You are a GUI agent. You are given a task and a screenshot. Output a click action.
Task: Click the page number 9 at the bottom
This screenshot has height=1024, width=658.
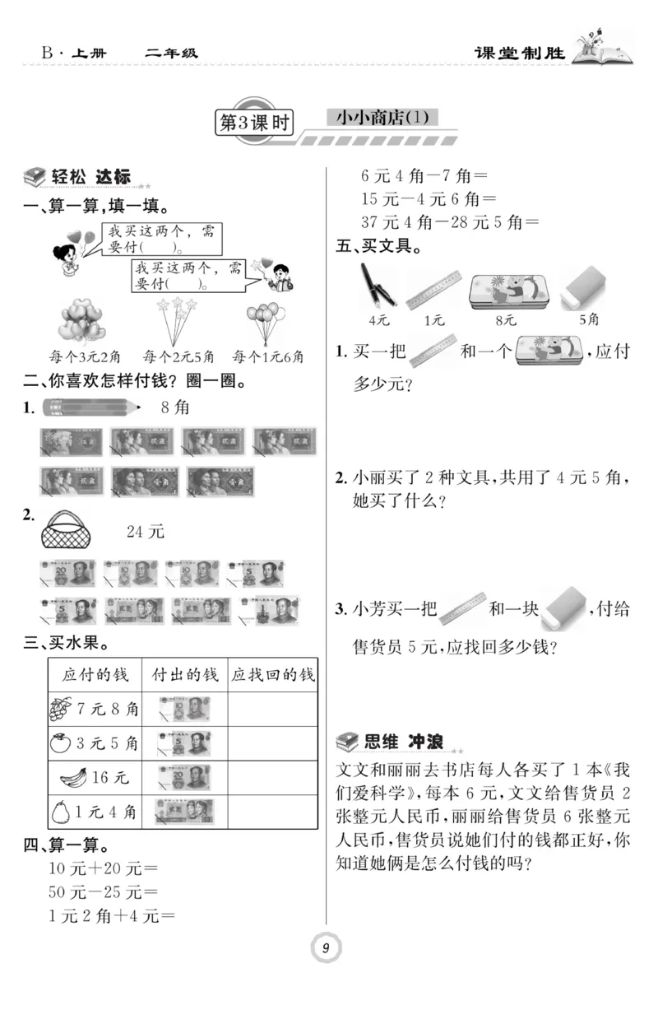tap(327, 949)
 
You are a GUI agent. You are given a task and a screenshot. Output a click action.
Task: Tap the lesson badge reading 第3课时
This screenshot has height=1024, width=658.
tap(253, 123)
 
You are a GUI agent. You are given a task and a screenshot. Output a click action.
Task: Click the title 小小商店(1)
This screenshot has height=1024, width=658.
tap(382, 118)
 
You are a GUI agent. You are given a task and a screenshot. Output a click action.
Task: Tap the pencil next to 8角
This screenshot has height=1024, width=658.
tap(90, 407)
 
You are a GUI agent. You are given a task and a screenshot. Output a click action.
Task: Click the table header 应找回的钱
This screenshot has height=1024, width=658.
tap(272, 675)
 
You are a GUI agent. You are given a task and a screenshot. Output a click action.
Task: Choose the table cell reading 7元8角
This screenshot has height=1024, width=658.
tap(95, 708)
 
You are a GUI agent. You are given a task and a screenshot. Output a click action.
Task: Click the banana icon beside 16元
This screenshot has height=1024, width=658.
tap(76, 777)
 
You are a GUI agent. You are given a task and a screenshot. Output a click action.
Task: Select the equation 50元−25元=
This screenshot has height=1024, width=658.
tap(104, 891)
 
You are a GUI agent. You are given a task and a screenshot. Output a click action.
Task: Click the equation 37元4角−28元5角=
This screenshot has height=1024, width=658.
tap(450, 221)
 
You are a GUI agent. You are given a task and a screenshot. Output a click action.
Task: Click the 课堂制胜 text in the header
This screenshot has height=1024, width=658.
tap(521, 54)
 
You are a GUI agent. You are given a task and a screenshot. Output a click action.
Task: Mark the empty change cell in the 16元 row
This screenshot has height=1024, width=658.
tap(272, 777)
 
